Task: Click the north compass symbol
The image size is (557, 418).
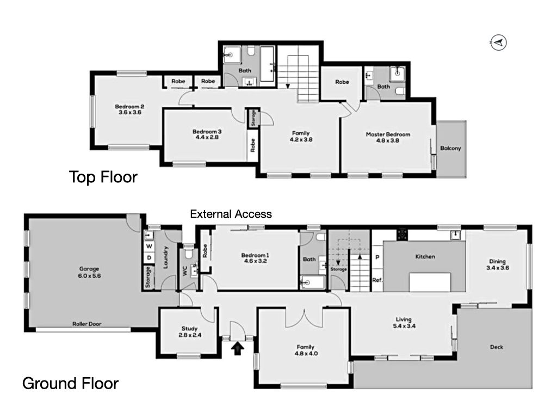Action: click(498, 42)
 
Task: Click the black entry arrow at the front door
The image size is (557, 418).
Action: click(237, 348)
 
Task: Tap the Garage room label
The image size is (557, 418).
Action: click(89, 272)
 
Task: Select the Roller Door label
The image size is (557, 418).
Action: click(86, 324)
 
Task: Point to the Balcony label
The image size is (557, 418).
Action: click(450, 148)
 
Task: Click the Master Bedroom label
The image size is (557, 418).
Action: click(388, 137)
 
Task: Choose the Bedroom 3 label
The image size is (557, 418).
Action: click(207, 134)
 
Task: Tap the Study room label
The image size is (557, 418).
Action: click(189, 331)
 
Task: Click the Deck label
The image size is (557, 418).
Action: click(496, 347)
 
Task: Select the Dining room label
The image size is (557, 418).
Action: click(497, 265)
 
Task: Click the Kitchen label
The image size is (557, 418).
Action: click(425, 256)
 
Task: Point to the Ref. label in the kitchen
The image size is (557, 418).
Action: click(377, 280)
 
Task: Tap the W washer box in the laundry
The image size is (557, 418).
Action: click(149, 246)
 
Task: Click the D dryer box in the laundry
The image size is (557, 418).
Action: click(149, 257)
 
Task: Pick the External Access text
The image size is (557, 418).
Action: click(231, 214)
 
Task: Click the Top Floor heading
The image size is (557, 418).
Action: click(103, 177)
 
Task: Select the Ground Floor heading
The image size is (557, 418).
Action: click(70, 384)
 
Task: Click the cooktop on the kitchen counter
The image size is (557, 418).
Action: click(402, 235)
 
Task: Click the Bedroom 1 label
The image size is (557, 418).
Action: click(255, 258)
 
